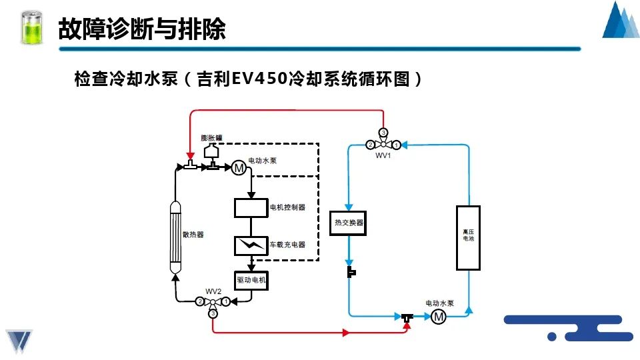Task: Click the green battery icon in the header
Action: coord(31,28)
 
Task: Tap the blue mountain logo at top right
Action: coord(620,21)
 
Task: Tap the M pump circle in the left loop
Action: coord(238,168)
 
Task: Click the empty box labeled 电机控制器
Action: coord(251,207)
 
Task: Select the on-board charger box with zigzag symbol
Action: coord(251,245)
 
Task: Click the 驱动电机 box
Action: coord(251,281)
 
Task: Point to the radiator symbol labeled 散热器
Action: coord(176,236)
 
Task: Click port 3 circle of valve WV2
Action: coord(213,313)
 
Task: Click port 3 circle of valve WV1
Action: coord(383,132)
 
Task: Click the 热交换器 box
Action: coord(349,223)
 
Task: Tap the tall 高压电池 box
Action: coord(468,238)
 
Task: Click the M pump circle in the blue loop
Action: coord(439,317)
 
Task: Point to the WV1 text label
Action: coord(383,155)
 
